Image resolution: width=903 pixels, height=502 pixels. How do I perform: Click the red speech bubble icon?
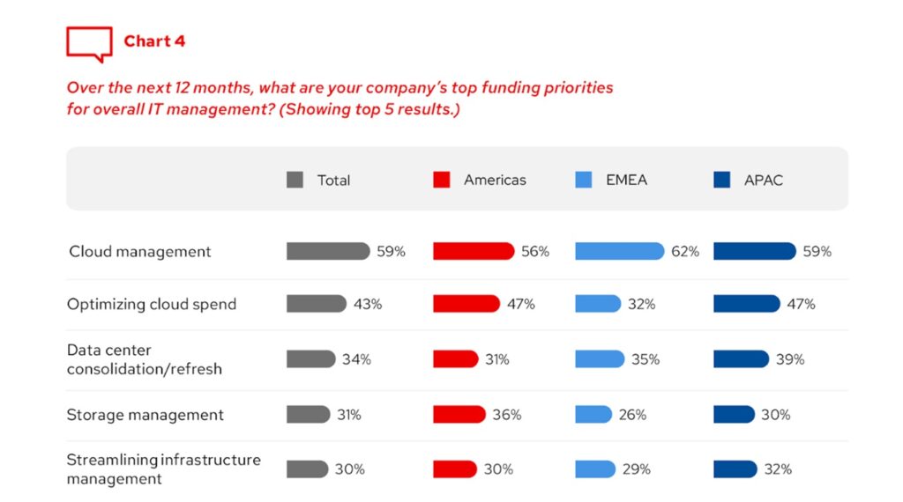tap(89, 43)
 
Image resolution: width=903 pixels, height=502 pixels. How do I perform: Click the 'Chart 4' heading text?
tap(154, 41)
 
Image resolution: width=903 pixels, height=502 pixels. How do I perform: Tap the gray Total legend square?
tap(295, 180)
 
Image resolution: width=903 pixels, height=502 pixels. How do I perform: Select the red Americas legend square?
tap(442, 180)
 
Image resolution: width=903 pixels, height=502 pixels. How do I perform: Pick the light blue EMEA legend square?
tap(583, 180)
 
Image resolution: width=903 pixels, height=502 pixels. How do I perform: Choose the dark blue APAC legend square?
tap(721, 180)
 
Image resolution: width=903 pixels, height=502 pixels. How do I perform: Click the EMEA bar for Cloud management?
tap(619, 252)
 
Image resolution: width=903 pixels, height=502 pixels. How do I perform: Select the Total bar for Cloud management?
tap(328, 252)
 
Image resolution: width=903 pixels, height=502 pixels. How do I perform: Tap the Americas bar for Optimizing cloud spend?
tap(466, 304)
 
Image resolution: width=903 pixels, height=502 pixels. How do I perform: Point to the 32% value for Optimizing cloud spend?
tap(642, 304)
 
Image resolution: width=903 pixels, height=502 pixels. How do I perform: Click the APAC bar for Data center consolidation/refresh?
tap(741, 359)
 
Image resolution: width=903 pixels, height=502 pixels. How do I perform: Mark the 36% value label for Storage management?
tap(507, 415)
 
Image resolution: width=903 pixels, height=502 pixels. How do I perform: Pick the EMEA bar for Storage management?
tap(593, 415)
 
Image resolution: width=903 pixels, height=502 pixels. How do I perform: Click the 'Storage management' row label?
tap(146, 415)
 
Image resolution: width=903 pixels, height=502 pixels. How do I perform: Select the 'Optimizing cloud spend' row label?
tap(152, 304)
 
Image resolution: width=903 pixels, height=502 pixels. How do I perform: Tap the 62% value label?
tap(685, 252)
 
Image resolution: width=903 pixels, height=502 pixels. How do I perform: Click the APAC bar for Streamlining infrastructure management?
tap(735, 469)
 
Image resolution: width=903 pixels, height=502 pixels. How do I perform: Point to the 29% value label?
tap(637, 469)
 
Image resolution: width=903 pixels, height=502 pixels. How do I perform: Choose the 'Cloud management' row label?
tap(140, 252)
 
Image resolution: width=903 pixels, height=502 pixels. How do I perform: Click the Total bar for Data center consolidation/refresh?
tap(310, 359)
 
